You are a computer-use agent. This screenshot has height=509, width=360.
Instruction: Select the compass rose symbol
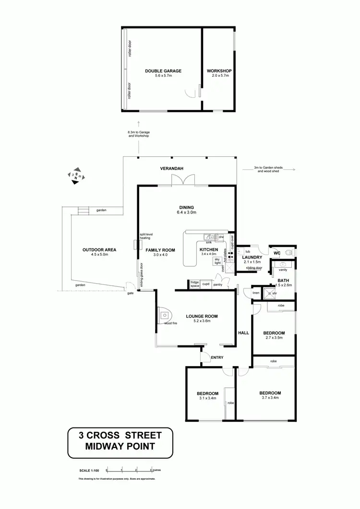tap(77, 175)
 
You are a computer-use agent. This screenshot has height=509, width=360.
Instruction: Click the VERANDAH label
tap(172, 168)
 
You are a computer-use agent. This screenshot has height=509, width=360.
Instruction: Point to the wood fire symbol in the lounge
tap(165, 315)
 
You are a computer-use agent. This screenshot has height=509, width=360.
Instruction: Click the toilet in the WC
tap(288, 252)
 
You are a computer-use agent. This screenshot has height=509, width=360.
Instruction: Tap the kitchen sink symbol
tap(210, 237)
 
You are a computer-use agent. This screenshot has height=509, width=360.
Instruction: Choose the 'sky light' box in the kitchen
tap(217, 261)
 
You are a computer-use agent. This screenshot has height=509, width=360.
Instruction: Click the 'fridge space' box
tap(194, 284)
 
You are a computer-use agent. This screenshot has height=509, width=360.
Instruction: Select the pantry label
tap(218, 284)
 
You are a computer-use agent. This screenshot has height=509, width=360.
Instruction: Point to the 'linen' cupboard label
tap(256, 293)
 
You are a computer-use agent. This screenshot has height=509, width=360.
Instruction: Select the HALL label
tap(243, 332)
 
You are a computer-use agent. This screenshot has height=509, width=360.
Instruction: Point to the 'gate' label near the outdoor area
tap(130, 293)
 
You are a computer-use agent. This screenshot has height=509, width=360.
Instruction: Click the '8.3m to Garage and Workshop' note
tap(139, 134)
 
